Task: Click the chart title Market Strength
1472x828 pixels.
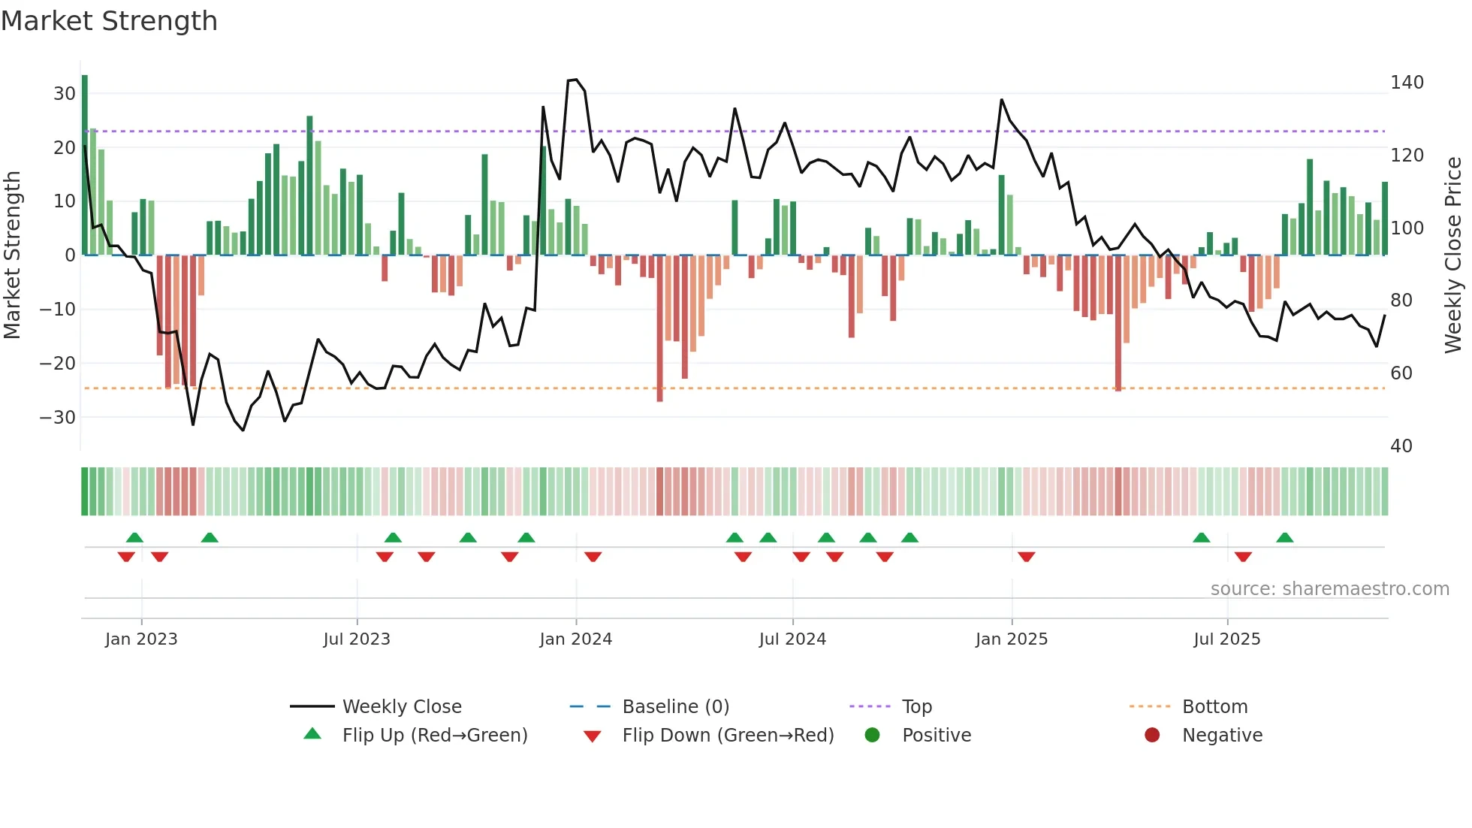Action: coord(109,21)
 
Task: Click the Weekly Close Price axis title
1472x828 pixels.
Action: coord(1453,255)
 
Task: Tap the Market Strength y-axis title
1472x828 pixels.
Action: coord(12,255)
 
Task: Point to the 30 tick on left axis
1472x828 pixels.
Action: coord(65,94)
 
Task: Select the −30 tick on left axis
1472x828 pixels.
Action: coord(59,417)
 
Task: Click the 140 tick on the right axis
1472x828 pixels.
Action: coord(1407,83)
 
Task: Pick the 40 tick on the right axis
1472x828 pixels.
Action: coord(1401,446)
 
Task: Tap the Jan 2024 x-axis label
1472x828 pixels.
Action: coord(576,639)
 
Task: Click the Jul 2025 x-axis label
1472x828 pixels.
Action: coord(1227,639)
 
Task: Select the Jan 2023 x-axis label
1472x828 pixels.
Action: coord(141,639)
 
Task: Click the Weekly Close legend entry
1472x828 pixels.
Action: coord(402,707)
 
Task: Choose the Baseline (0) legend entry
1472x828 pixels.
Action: coord(675,707)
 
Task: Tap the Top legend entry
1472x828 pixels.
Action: coord(916,707)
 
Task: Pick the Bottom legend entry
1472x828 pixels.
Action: coord(1214,707)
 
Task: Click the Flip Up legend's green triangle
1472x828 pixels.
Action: coord(312,734)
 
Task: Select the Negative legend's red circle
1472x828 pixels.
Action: coord(1152,736)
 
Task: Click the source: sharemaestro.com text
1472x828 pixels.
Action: coord(1329,589)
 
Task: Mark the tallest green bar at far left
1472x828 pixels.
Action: coord(85,165)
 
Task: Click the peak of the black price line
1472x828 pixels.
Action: coord(575,80)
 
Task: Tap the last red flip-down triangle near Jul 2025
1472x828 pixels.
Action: coord(1243,557)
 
